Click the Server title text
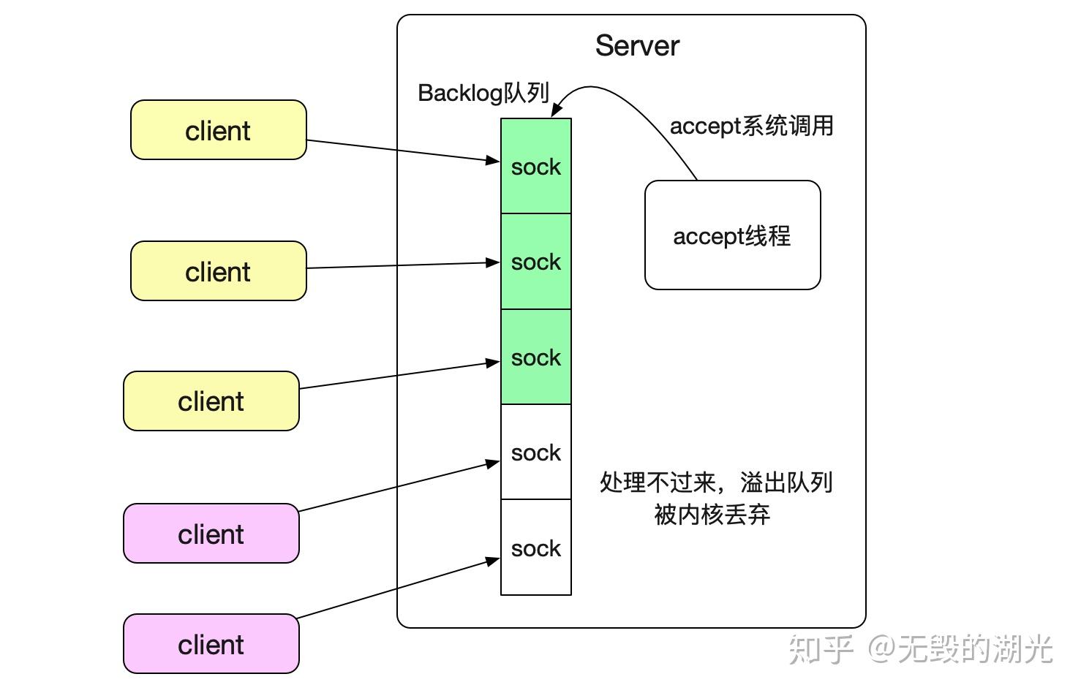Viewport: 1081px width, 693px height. click(x=636, y=46)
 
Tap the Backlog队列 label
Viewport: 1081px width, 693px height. click(x=483, y=93)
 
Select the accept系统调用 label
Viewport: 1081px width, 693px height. click(x=751, y=126)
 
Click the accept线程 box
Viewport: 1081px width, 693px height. click(x=732, y=235)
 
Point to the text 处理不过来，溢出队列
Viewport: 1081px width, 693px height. click(x=715, y=482)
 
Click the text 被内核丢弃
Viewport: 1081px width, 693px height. click(x=712, y=515)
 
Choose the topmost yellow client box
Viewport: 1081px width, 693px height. click(x=218, y=130)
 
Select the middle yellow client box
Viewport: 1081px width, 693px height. click(x=218, y=271)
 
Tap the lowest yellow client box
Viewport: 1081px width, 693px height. click(x=211, y=401)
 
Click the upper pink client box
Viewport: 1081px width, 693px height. click(x=211, y=534)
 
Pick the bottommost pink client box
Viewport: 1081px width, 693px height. click(x=211, y=644)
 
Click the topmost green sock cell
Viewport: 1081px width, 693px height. click(x=535, y=167)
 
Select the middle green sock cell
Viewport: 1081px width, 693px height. click(x=535, y=262)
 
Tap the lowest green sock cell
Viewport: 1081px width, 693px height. click(x=535, y=357)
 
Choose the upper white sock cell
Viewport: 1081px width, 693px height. click(x=535, y=452)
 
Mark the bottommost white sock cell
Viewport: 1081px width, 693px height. click(x=535, y=548)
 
